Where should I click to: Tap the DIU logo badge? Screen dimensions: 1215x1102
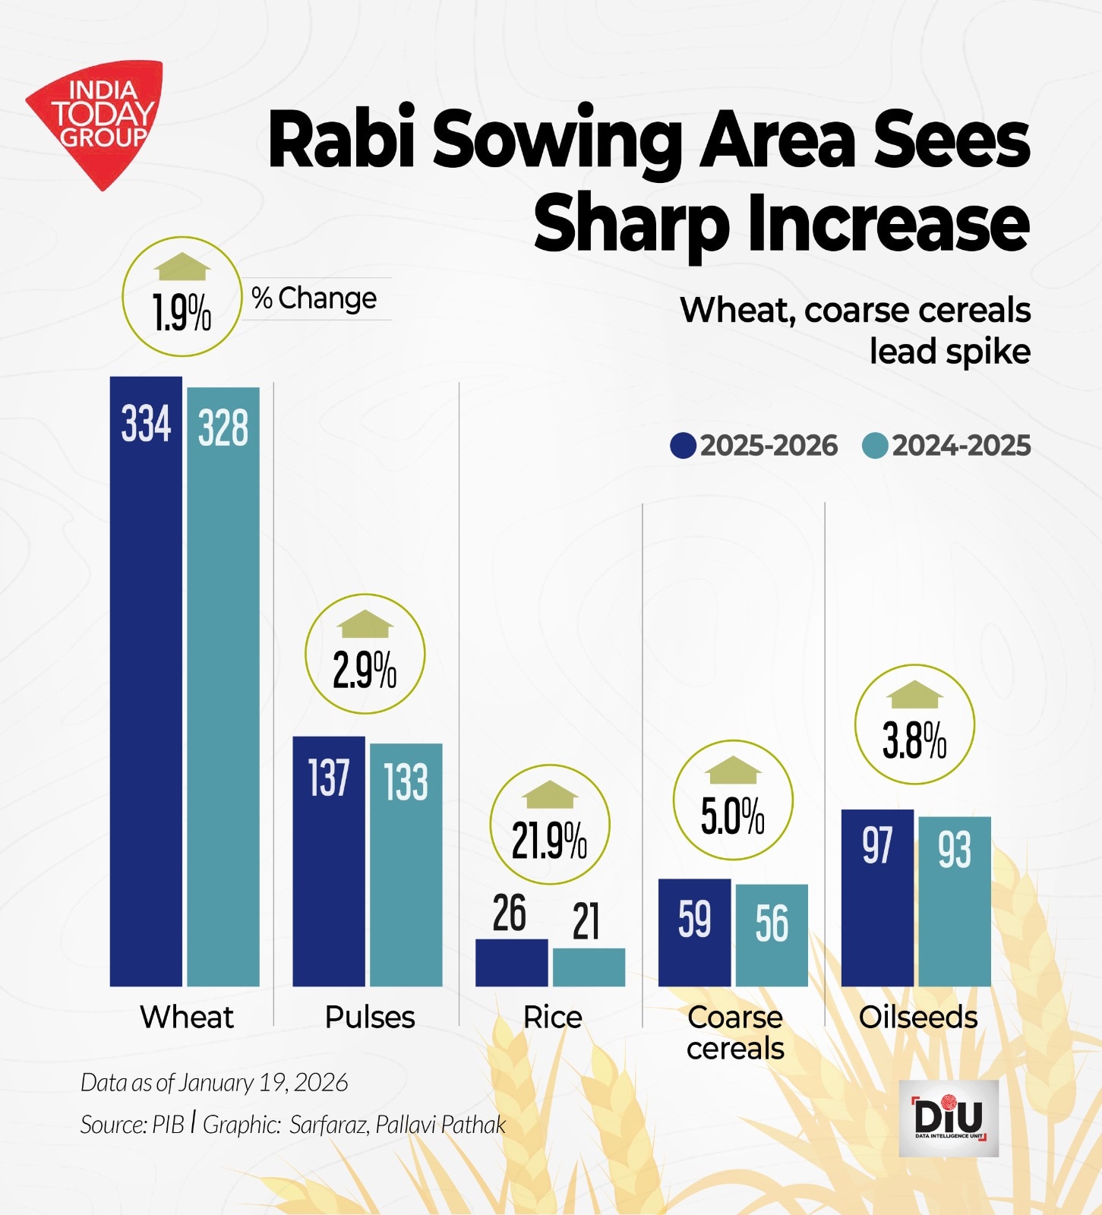(x=948, y=1118)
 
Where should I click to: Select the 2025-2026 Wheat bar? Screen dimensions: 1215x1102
(x=146, y=683)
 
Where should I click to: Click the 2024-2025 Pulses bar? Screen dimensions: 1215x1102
(x=406, y=866)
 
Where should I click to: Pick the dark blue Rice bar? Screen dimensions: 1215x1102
(x=511, y=963)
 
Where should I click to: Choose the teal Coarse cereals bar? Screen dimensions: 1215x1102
(x=771, y=936)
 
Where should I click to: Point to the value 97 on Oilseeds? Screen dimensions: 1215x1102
(x=876, y=846)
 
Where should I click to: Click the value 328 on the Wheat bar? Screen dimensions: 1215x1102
(x=223, y=428)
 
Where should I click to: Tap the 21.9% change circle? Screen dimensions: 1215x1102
(x=549, y=825)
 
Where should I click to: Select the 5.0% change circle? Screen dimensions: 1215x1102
(x=733, y=800)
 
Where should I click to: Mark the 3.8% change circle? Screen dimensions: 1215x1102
(x=914, y=725)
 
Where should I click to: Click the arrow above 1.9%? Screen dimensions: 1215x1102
(x=182, y=267)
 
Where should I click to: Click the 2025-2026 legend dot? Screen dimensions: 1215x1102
(x=683, y=446)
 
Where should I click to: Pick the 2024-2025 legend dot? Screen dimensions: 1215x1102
(x=875, y=446)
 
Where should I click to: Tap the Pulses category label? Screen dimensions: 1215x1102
(x=370, y=1018)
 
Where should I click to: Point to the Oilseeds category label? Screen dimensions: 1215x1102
(x=917, y=1018)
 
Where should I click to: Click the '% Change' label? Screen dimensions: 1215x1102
(x=314, y=298)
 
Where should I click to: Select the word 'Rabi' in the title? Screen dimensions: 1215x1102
(x=342, y=140)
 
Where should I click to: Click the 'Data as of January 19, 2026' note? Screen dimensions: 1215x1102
(x=214, y=1083)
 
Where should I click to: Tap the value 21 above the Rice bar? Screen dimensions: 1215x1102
(x=586, y=922)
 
